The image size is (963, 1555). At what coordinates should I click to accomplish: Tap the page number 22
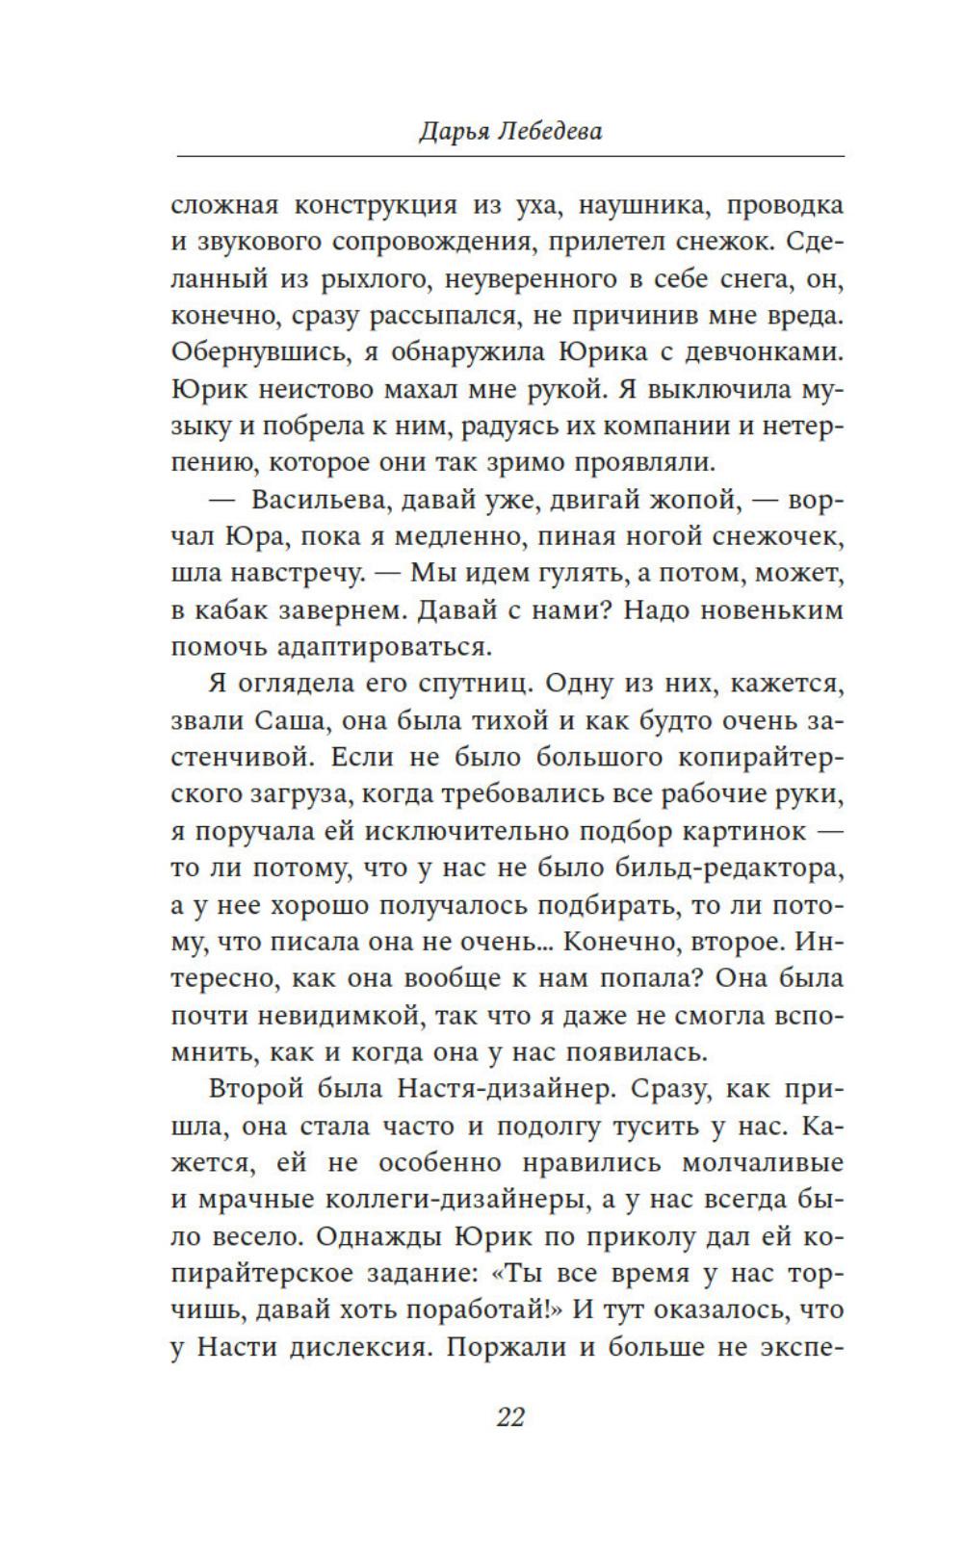(509, 1416)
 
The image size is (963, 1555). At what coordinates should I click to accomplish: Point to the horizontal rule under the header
(509, 156)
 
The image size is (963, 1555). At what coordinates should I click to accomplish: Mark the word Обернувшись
(259, 352)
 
